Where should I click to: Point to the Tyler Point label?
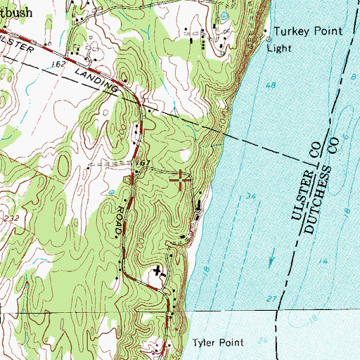pyautogui.click(x=218, y=343)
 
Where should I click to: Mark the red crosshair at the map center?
pyautogui.click(x=181, y=180)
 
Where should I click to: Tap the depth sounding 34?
pyautogui.click(x=250, y=198)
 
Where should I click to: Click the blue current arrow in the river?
pyautogui.click(x=271, y=260)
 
